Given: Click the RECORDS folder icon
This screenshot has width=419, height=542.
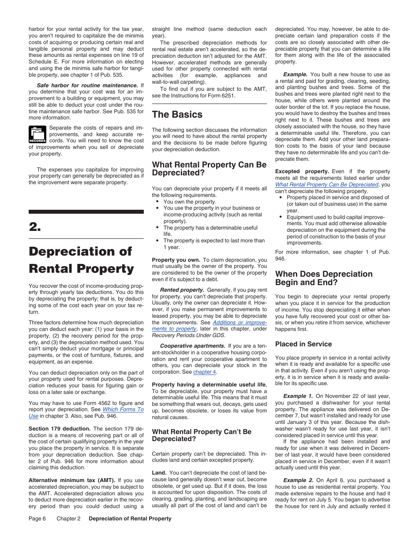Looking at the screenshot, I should tap(37, 134).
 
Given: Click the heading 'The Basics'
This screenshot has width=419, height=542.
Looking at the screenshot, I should tap(177, 115).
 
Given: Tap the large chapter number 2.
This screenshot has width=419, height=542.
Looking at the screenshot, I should tap(35, 227).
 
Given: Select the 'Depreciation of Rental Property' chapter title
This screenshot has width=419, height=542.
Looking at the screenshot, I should tap(81, 260).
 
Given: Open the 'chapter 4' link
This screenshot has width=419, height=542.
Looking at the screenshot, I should tap(205, 372).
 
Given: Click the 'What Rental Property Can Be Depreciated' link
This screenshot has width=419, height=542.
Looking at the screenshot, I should tap(326, 185).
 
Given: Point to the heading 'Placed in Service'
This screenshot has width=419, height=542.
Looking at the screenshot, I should tap(303, 344).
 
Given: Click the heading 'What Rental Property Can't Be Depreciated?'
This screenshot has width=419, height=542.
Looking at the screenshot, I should tap(202, 435).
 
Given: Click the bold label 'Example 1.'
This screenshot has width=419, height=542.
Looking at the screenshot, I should tap(298, 396).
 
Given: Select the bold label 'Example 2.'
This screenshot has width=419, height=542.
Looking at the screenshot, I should tap(298, 480).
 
